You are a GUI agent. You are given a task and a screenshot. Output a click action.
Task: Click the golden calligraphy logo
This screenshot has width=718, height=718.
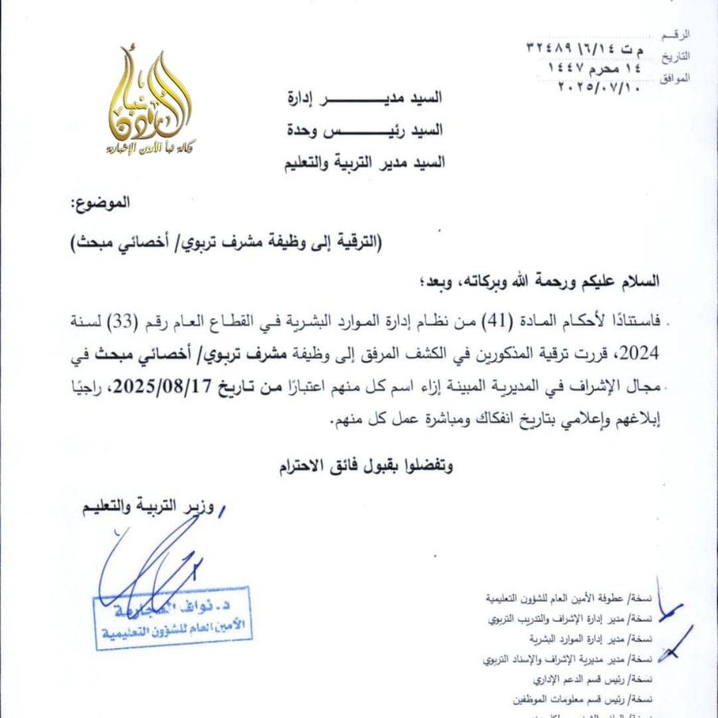[x=150, y=100]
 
